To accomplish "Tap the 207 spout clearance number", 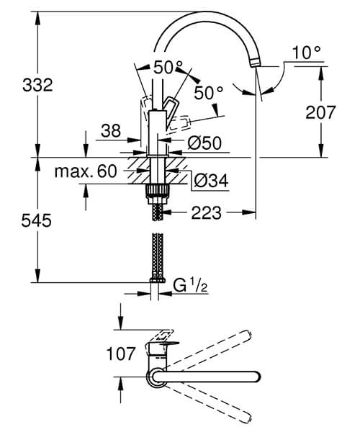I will coord(320,112).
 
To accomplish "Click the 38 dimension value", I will coord(110,131).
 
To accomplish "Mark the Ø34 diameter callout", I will coord(211,181).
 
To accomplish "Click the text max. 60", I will coord(86,172).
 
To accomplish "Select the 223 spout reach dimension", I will coord(206,213).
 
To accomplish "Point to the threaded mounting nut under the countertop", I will coord(156,192).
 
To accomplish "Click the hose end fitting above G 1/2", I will coord(156,280).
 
